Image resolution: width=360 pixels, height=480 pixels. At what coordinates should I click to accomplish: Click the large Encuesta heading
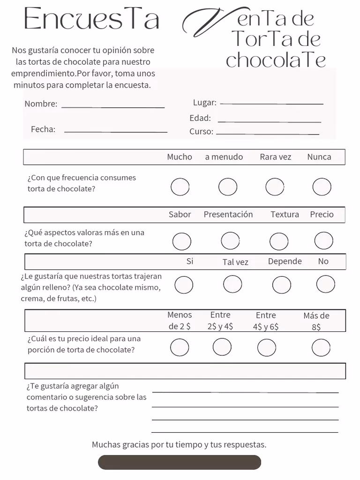(x=91, y=20)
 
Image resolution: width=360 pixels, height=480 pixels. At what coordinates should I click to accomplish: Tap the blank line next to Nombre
(x=113, y=106)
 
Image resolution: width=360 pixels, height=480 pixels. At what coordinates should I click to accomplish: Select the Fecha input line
(x=115, y=131)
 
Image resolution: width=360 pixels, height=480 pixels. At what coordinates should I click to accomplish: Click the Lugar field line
(x=271, y=103)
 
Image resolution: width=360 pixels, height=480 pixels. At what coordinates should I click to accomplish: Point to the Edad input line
(x=269, y=120)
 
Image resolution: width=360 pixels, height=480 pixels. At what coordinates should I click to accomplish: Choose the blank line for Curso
(x=267, y=133)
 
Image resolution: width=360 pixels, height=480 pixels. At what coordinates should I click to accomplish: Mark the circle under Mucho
(x=180, y=187)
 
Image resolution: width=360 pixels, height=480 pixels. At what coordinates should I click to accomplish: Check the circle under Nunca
(x=322, y=187)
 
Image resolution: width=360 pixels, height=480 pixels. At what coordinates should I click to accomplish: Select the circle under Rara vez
(x=275, y=187)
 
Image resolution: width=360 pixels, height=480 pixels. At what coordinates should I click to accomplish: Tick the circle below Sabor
(x=181, y=241)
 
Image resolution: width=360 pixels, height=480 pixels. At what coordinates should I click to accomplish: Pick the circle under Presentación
(x=230, y=241)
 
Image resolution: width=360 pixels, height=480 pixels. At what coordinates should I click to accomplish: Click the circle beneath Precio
(x=323, y=241)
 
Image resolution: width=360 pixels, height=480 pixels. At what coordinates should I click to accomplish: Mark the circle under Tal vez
(x=232, y=284)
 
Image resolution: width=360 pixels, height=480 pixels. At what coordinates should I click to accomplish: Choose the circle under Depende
(x=281, y=285)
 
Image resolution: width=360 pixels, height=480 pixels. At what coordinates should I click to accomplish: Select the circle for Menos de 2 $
(x=180, y=348)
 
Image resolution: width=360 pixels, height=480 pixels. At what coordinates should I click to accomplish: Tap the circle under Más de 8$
(x=321, y=348)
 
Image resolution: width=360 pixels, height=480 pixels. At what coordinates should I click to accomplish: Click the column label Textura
(x=285, y=215)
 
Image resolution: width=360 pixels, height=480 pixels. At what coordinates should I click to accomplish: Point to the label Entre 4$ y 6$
(x=266, y=321)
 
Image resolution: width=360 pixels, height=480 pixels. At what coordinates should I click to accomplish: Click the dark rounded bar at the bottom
(x=179, y=462)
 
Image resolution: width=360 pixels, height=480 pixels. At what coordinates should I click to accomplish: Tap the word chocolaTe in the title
(x=276, y=60)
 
